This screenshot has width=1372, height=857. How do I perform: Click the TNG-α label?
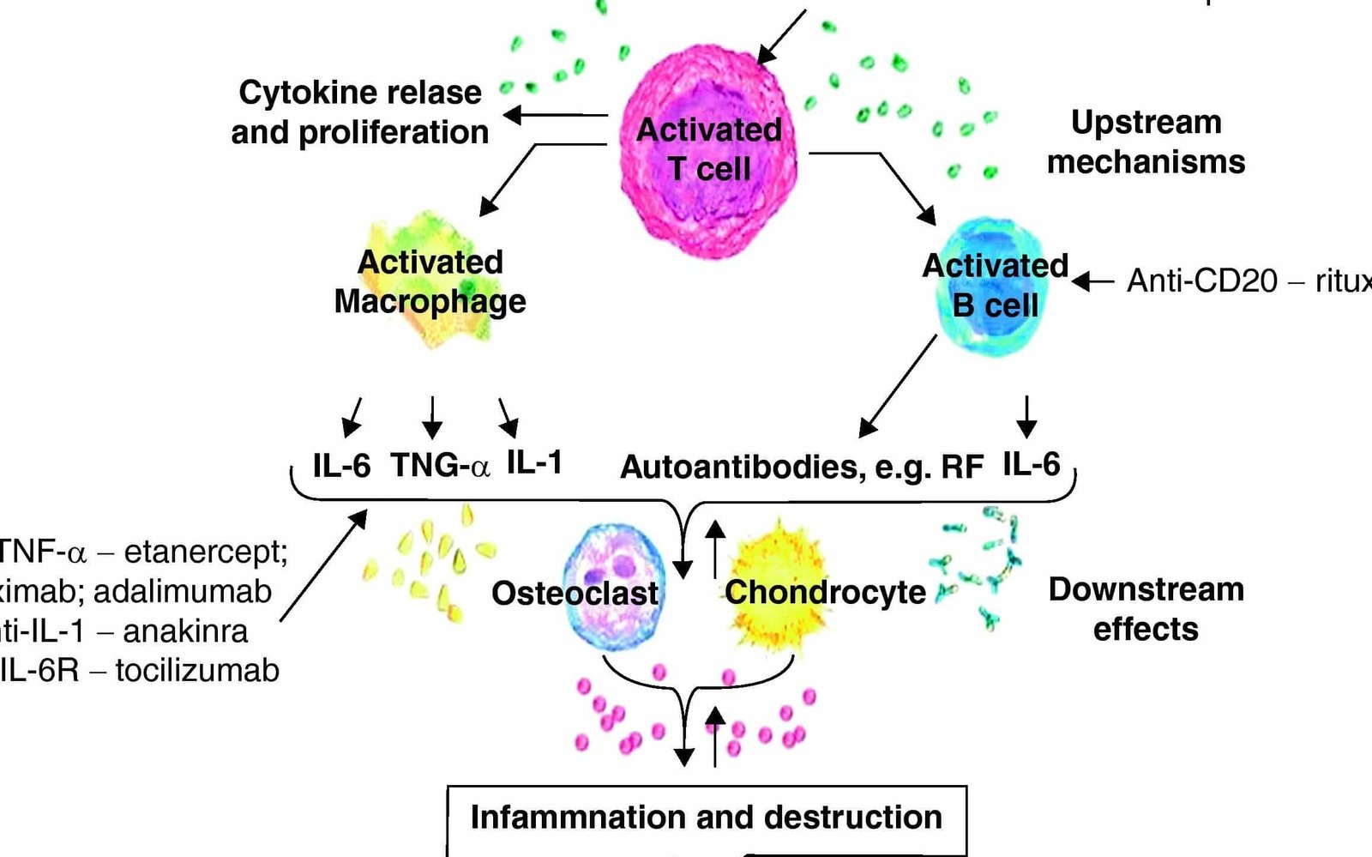coord(440,465)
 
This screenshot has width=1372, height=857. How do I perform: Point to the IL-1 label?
coord(534,463)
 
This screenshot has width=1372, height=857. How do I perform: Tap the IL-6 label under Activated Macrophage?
coord(341,466)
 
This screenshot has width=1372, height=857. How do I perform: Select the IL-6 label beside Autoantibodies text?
coord(1031,464)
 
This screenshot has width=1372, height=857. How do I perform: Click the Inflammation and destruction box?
coord(706,818)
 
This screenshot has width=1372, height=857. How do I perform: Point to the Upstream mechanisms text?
coord(1146,142)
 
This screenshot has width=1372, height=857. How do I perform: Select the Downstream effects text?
coord(1146,609)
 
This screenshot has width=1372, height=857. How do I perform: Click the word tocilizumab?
coord(197,670)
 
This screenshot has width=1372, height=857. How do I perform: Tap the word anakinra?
coord(185,631)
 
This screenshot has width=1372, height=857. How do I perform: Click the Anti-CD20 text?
coord(1201,281)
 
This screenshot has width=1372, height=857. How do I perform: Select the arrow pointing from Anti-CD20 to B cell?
coord(1093,281)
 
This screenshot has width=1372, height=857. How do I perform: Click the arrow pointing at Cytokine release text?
coord(553,115)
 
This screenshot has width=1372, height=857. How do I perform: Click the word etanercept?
coord(206,552)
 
